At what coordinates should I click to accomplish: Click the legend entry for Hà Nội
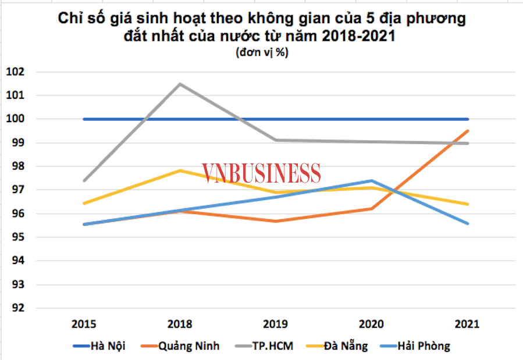click(x=99, y=346)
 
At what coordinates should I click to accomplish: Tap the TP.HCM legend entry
click(x=264, y=346)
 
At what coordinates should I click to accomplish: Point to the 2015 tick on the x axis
click(x=84, y=324)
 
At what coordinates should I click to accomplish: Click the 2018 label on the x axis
click(x=180, y=324)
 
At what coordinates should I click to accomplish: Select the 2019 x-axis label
click(x=276, y=324)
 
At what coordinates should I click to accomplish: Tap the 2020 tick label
click(x=372, y=324)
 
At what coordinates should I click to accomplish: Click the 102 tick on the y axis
click(x=14, y=72)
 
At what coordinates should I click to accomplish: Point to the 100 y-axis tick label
click(x=14, y=119)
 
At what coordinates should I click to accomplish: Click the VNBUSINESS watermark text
click(x=261, y=173)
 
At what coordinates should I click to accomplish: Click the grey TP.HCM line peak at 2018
click(x=180, y=84)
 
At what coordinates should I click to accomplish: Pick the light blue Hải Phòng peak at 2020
click(x=372, y=181)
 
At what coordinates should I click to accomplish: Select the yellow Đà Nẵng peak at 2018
click(x=180, y=170)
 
